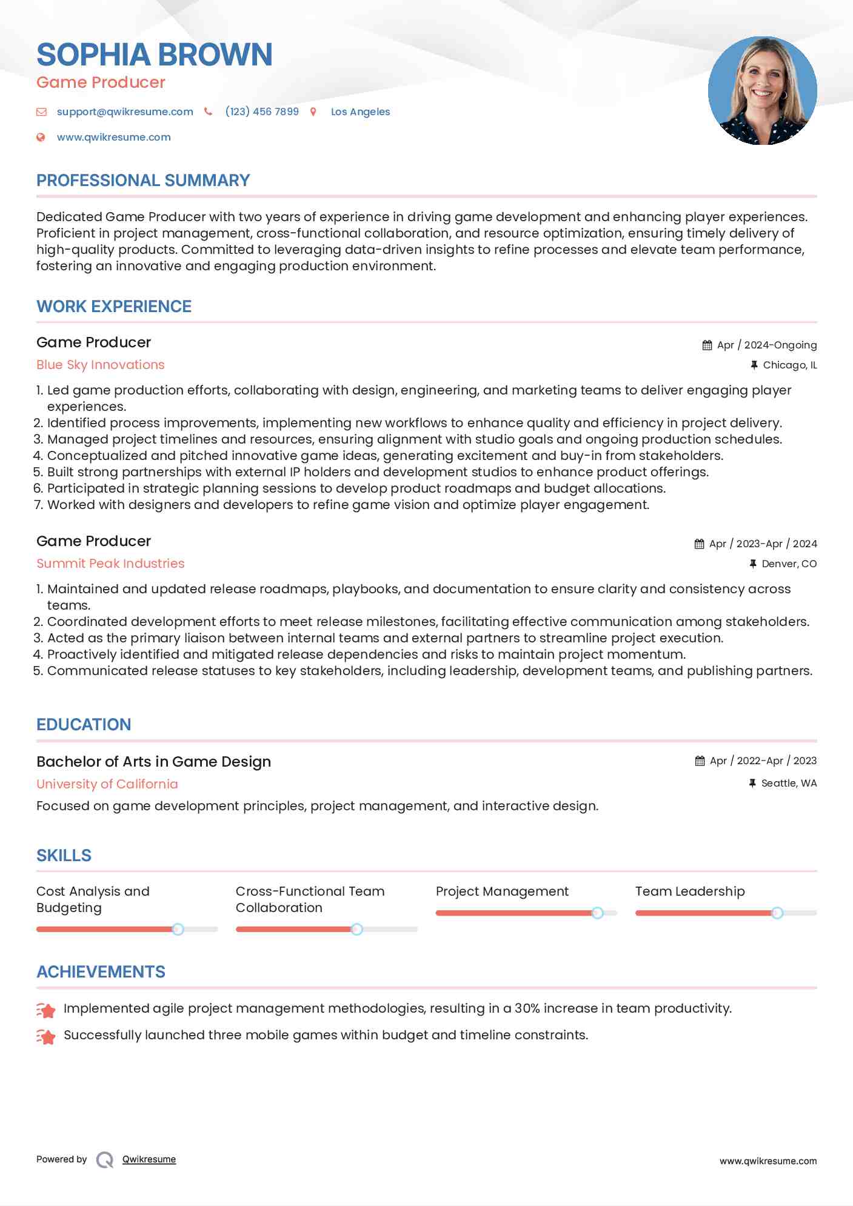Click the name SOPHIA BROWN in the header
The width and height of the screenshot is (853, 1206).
pyautogui.click(x=155, y=55)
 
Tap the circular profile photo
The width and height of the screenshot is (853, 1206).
pyautogui.click(x=762, y=91)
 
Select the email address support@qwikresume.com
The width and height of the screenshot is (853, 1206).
pyautogui.click(x=125, y=112)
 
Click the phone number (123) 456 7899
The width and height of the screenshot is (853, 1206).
pyautogui.click(x=262, y=112)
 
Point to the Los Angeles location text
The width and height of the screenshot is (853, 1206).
pyautogui.click(x=360, y=112)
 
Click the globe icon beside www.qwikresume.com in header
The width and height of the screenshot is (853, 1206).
pyautogui.click(x=41, y=137)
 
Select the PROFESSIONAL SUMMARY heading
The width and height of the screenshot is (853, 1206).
pyautogui.click(x=143, y=181)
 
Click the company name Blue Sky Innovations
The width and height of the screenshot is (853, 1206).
pyautogui.click(x=101, y=365)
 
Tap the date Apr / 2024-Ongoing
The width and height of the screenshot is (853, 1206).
pyautogui.click(x=766, y=345)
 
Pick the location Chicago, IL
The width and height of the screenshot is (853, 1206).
pyautogui.click(x=789, y=365)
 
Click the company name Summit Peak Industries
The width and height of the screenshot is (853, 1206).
pyautogui.click(x=110, y=564)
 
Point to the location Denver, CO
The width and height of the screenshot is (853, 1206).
pyautogui.click(x=789, y=564)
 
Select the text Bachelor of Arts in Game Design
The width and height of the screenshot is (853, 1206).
pyautogui.click(x=153, y=762)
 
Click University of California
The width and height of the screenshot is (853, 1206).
pyautogui.click(x=107, y=784)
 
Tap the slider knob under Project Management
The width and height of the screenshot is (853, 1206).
pyautogui.click(x=597, y=913)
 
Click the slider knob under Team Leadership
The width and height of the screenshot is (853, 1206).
pyautogui.click(x=777, y=913)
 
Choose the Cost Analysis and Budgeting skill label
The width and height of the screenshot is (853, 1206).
pyautogui.click(x=93, y=899)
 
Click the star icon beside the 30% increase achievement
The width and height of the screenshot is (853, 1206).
pyautogui.click(x=46, y=1010)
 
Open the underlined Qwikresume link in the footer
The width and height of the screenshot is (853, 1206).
pyautogui.click(x=149, y=1159)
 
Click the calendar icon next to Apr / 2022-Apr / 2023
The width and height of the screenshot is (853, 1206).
pyautogui.click(x=700, y=761)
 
